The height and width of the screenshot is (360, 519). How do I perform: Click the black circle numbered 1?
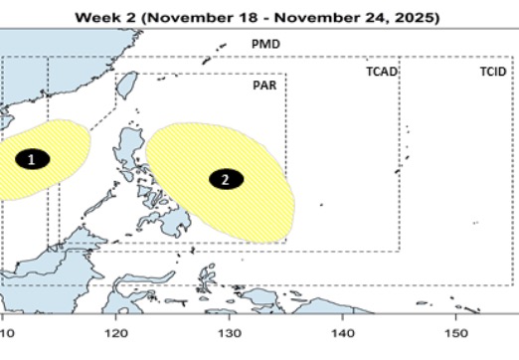[32, 159]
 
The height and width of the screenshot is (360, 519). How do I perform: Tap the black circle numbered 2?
[226, 179]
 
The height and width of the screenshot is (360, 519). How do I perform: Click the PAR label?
[262, 85]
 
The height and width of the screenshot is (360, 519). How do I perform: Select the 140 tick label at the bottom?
[342, 333]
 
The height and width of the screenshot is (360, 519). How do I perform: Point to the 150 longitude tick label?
[455, 333]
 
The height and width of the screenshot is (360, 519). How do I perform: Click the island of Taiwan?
[124, 90]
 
